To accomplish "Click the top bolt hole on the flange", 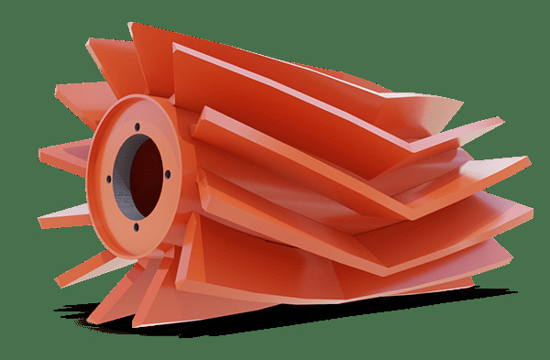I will (136, 126).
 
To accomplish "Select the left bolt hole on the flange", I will (109, 179).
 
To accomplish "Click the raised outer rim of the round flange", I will (95, 147).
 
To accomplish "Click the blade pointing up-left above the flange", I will (96, 46).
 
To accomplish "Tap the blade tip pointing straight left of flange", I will (44, 148).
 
